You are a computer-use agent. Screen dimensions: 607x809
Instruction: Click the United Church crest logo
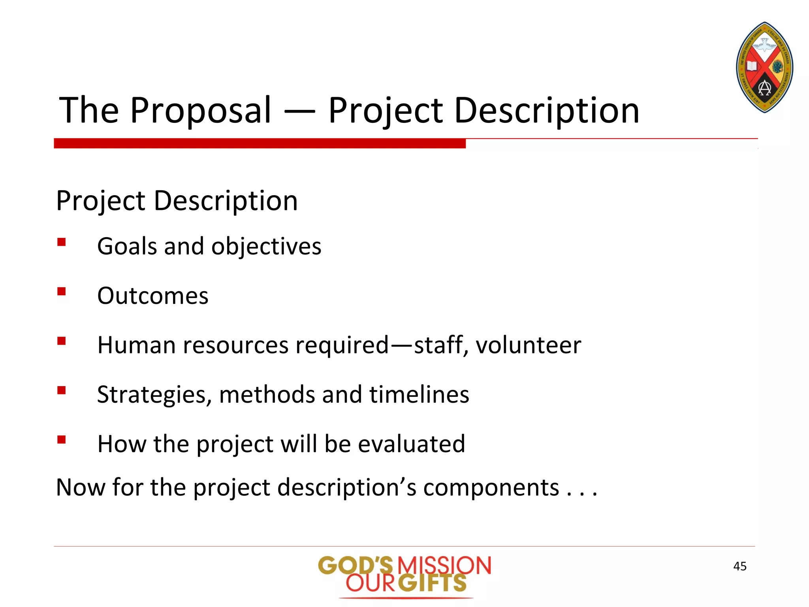click(764, 67)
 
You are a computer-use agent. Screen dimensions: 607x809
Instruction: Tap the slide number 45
click(739, 566)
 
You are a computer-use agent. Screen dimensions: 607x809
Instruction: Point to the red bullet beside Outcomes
click(61, 292)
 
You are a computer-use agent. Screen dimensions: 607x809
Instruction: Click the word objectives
click(266, 246)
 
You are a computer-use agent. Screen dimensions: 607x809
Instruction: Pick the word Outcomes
click(152, 296)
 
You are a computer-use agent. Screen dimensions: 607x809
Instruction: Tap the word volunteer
click(528, 345)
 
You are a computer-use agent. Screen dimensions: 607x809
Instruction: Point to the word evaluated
click(411, 444)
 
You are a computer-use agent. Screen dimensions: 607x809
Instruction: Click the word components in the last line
click(491, 487)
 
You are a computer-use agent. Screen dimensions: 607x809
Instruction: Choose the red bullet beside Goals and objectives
click(61, 242)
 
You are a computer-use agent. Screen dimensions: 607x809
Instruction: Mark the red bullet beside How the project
click(61, 439)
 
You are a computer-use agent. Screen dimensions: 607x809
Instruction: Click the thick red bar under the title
click(260, 143)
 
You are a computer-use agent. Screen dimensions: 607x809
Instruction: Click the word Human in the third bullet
click(136, 345)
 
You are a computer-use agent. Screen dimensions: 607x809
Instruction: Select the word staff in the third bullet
click(438, 345)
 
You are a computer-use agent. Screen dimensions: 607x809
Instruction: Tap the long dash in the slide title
click(300, 112)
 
